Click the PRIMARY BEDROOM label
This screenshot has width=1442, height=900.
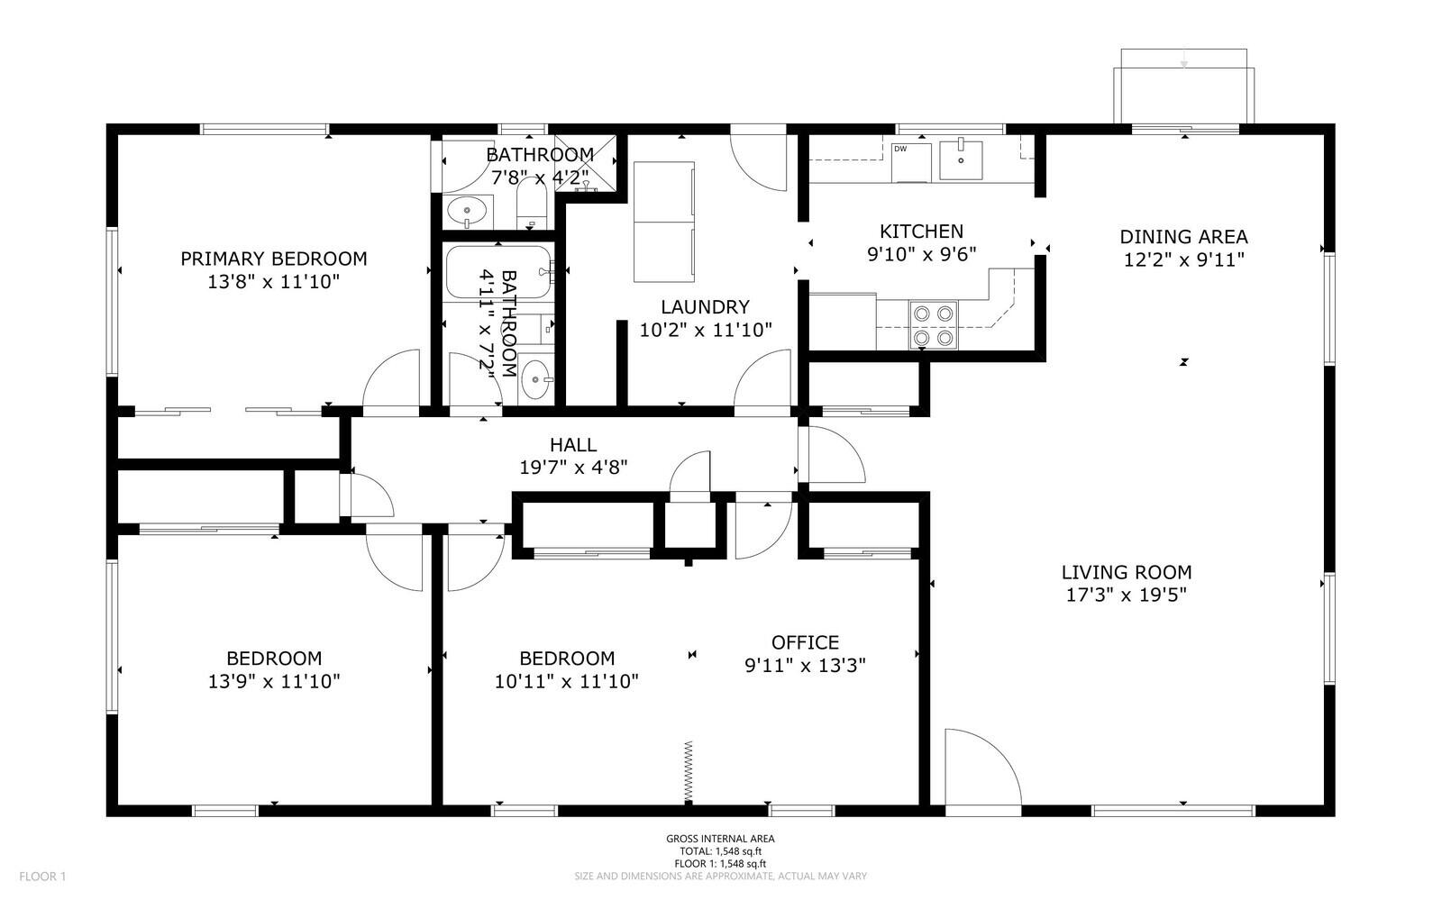tap(274, 259)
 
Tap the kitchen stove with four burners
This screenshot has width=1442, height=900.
tap(933, 325)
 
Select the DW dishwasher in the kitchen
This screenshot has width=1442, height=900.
tap(911, 162)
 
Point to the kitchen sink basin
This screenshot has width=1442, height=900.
tap(961, 160)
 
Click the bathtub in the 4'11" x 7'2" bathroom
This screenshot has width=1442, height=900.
tap(499, 272)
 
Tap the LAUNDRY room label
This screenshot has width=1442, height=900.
tap(705, 307)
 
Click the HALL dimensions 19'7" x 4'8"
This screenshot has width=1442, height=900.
tap(573, 467)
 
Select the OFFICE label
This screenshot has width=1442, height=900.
tap(805, 642)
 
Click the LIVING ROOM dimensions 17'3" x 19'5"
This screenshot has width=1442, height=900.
tap(1126, 595)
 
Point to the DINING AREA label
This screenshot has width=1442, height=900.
tap(1183, 237)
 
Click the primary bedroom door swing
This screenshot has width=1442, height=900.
tap(391, 378)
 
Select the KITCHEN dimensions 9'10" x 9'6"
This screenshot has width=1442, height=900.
tap(921, 254)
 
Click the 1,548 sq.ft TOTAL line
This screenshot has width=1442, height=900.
tap(720, 851)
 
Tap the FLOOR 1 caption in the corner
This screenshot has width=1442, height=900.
tap(42, 877)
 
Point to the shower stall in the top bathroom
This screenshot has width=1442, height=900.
tap(585, 163)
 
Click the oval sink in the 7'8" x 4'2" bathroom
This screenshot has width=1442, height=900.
tap(467, 211)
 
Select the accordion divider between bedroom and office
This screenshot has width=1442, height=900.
tap(689, 772)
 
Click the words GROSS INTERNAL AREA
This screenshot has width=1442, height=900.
tap(720, 839)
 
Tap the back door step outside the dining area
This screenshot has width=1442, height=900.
tap(1184, 86)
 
